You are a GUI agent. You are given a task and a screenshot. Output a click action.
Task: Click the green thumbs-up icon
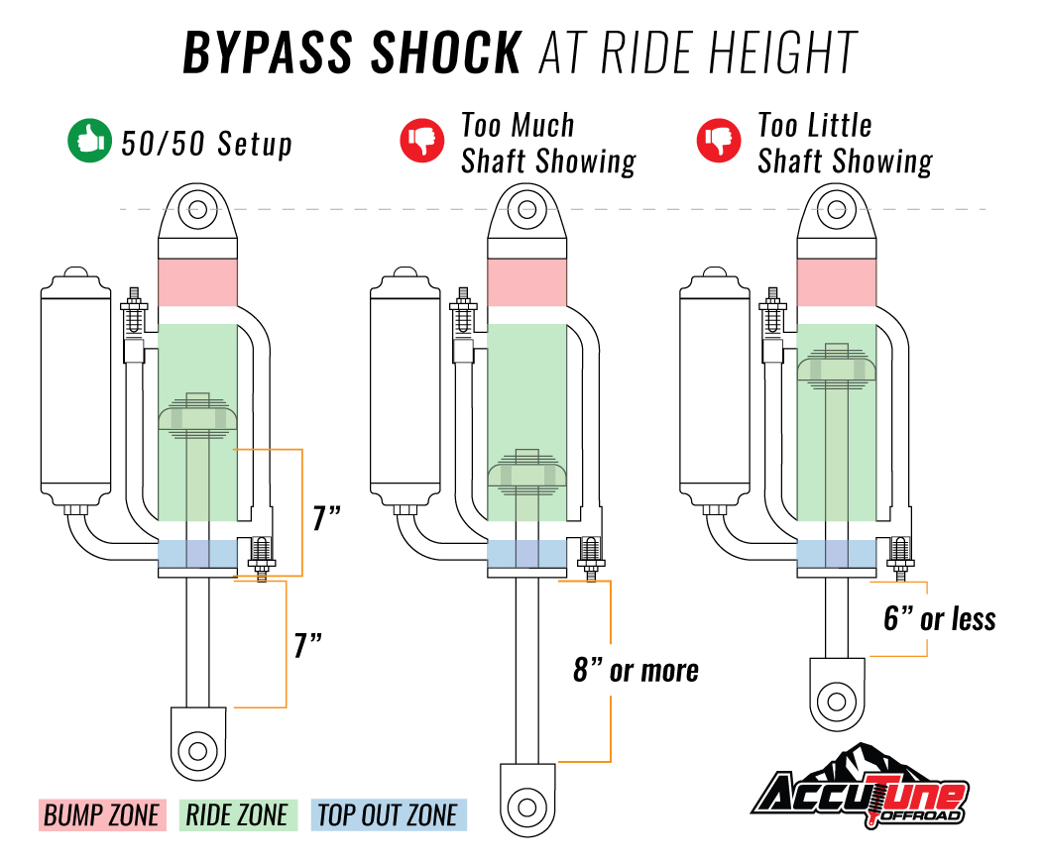pos(89,141)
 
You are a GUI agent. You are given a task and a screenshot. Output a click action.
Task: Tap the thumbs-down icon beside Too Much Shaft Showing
pos(421,140)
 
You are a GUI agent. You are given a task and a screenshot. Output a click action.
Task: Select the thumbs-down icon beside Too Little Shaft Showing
pos(719,140)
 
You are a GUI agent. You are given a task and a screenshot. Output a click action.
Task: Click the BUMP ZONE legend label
pos(102,815)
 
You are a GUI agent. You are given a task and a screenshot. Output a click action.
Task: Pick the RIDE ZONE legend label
pos(238,815)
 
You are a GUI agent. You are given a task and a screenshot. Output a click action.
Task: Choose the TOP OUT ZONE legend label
pos(389,815)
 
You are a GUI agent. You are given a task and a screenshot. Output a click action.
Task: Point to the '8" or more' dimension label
pos(636,670)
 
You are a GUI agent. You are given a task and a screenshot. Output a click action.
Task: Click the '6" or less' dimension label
pos(939,618)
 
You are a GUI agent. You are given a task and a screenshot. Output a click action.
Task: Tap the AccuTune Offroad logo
pos(860,788)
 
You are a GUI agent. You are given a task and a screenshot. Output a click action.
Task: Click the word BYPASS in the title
pos(268,53)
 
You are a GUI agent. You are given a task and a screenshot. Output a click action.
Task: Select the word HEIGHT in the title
pos(782,53)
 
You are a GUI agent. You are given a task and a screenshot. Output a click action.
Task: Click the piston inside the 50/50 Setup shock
pos(197,417)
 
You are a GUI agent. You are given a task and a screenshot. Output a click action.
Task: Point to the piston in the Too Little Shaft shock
pos(836,367)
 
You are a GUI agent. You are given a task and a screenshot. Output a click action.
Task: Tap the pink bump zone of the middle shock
pos(526,282)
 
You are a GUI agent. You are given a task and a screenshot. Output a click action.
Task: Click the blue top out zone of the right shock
pos(836,554)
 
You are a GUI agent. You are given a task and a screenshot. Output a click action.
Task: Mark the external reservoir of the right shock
pos(715,388)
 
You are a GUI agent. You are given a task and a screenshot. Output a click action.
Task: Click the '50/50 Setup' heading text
pos(207,144)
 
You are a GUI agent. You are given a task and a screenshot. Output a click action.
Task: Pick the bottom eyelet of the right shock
pos(837,695)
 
